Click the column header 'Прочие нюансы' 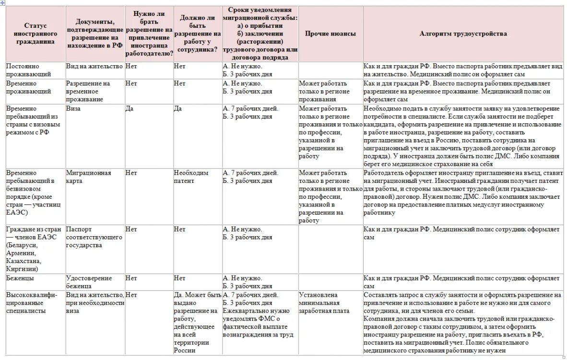(x=331, y=34)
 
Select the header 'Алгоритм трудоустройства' (x=463, y=34)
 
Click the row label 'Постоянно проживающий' (x=29, y=70)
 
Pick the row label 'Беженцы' (x=20, y=278)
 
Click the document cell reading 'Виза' (x=73, y=109)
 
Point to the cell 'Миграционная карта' (x=88, y=177)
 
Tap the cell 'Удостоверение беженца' (x=89, y=282)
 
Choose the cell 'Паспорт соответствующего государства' (x=91, y=237)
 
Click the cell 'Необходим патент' (x=191, y=177)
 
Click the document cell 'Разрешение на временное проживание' (x=88, y=91)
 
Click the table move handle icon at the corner (x=2, y=3)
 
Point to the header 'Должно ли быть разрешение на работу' (x=197, y=34)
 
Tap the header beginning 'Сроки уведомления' (x=260, y=34)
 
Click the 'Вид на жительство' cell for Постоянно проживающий (x=94, y=66)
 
